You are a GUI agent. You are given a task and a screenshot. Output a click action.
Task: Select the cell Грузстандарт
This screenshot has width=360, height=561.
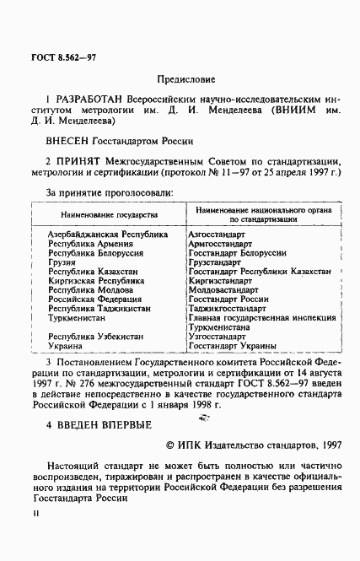223,262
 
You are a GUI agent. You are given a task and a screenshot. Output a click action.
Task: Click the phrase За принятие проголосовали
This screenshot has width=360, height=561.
110,194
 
